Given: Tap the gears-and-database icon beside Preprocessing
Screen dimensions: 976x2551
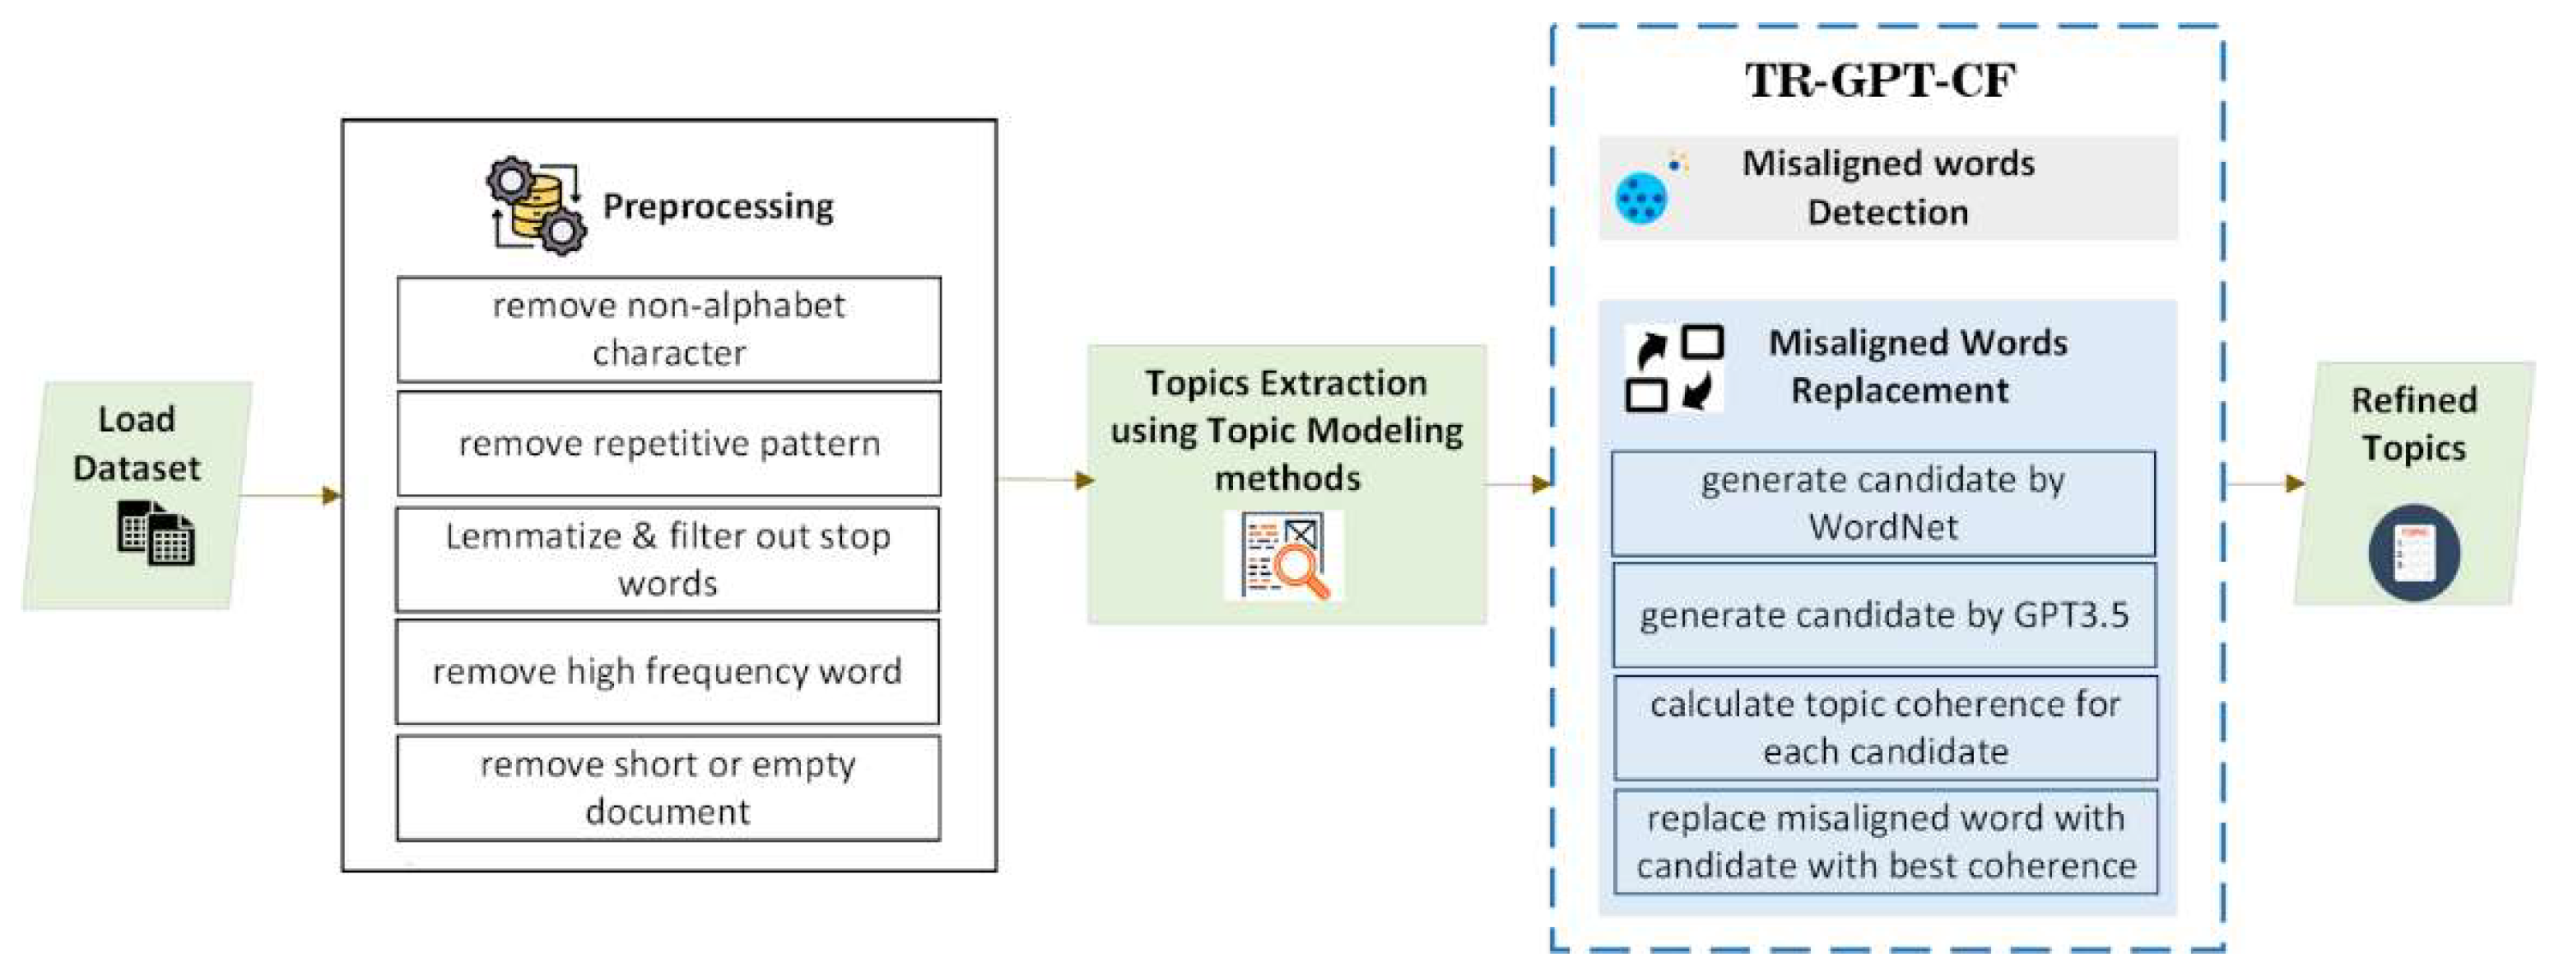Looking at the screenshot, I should (x=536, y=206).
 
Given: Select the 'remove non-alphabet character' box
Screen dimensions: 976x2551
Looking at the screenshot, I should (x=669, y=329).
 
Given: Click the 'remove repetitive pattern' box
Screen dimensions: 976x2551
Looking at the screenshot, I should (x=669, y=444).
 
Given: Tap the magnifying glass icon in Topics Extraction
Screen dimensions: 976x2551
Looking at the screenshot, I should (x=1284, y=556).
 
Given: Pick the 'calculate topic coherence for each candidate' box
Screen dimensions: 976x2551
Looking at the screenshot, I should (x=1885, y=728).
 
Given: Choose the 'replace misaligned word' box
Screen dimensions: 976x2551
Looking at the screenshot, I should (x=1885, y=841).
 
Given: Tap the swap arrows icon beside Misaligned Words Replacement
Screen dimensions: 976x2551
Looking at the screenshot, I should (x=1674, y=368).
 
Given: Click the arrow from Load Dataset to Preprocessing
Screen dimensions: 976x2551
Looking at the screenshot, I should (x=292, y=495).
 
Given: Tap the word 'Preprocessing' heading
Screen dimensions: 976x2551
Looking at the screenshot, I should (x=718, y=206).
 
